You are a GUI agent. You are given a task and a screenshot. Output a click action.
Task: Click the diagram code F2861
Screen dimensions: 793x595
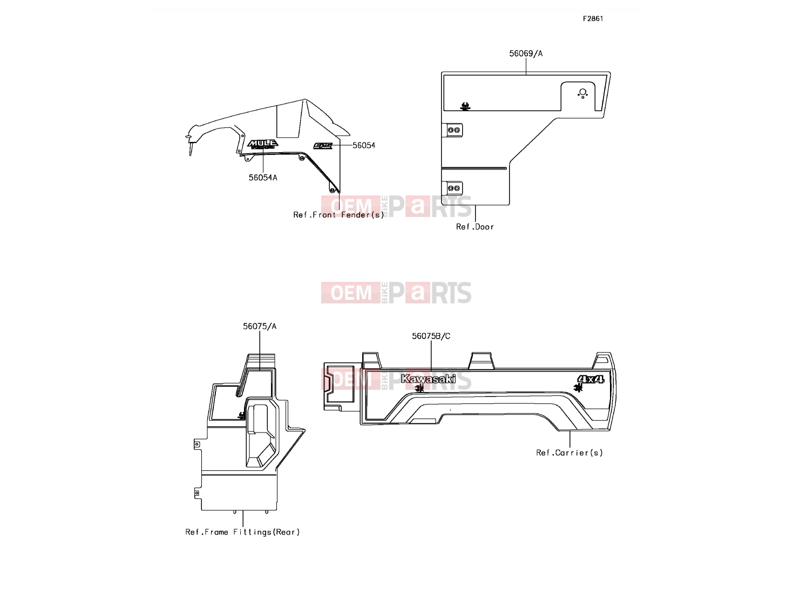593,19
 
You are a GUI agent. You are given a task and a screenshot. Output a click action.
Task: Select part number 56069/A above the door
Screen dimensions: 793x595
526,53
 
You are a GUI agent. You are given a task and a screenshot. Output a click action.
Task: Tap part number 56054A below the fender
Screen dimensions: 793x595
263,178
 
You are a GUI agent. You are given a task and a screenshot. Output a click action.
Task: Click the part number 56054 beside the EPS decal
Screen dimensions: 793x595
364,145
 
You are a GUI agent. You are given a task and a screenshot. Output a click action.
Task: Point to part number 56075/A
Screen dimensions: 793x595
260,326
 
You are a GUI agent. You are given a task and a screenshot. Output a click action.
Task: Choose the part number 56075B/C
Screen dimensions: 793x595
431,336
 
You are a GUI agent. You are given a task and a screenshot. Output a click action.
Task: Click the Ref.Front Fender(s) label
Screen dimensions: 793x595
338,215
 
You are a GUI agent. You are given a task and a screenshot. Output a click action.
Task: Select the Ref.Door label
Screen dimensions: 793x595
475,227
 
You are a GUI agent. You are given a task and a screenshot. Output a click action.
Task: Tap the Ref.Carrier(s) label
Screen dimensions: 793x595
570,452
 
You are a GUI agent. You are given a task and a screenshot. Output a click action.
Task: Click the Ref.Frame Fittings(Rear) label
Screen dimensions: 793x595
242,532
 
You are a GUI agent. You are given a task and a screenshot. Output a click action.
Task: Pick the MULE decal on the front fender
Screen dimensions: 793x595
263,144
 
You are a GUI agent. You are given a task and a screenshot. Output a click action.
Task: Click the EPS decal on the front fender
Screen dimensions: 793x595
323,146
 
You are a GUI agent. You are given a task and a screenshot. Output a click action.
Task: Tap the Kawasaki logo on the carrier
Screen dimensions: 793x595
428,379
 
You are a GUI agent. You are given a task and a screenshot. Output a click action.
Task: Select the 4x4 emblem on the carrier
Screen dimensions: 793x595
591,380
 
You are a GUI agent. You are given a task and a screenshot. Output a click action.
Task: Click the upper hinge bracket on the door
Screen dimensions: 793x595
452,130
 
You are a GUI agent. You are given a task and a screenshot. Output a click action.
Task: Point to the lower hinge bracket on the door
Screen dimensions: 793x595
452,188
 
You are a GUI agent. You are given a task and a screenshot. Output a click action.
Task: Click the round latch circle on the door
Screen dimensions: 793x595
582,92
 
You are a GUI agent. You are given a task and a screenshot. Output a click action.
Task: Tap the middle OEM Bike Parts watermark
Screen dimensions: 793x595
396,293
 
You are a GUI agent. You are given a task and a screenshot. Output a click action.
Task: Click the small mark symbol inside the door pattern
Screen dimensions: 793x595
465,106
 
